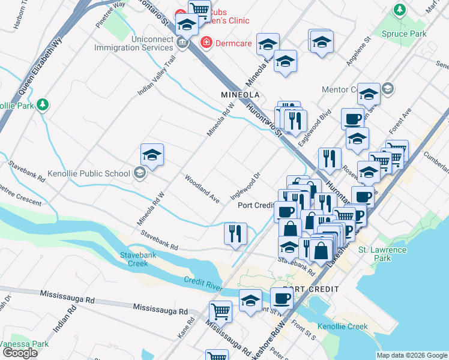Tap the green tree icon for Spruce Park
pos(399,10)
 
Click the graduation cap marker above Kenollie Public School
pos(152,156)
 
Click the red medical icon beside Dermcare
pos(206,43)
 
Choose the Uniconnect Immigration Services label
pos(136,43)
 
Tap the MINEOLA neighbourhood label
pos(240,95)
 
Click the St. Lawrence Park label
pos(383,254)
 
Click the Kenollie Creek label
pos(342,327)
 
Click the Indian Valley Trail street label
pos(155,76)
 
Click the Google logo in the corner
pos(20,353)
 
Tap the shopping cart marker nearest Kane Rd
pos(220,312)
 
